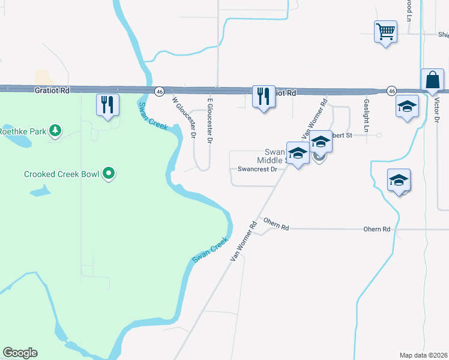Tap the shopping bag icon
432,80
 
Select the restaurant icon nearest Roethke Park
107,104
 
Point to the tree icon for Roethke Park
55,130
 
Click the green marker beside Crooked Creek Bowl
109,175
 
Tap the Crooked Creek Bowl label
62,175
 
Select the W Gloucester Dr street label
184,118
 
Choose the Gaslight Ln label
366,115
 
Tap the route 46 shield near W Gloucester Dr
159,91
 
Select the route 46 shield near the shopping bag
391,90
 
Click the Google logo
20,353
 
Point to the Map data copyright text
423,355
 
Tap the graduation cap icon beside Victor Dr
407,107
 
